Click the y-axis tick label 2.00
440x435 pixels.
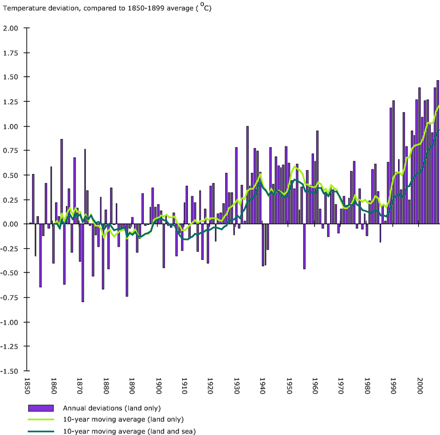[x=11, y=28]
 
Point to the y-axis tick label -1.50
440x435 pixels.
[x=10, y=371]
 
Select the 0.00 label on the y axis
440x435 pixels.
[x=11, y=224]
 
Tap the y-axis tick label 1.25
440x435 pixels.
[x=11, y=102]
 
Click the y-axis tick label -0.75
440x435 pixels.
[x=10, y=298]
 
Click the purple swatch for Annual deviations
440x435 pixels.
[x=41, y=408]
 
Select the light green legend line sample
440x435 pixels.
[x=41, y=420]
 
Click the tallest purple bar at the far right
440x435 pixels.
[x=438, y=152]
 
